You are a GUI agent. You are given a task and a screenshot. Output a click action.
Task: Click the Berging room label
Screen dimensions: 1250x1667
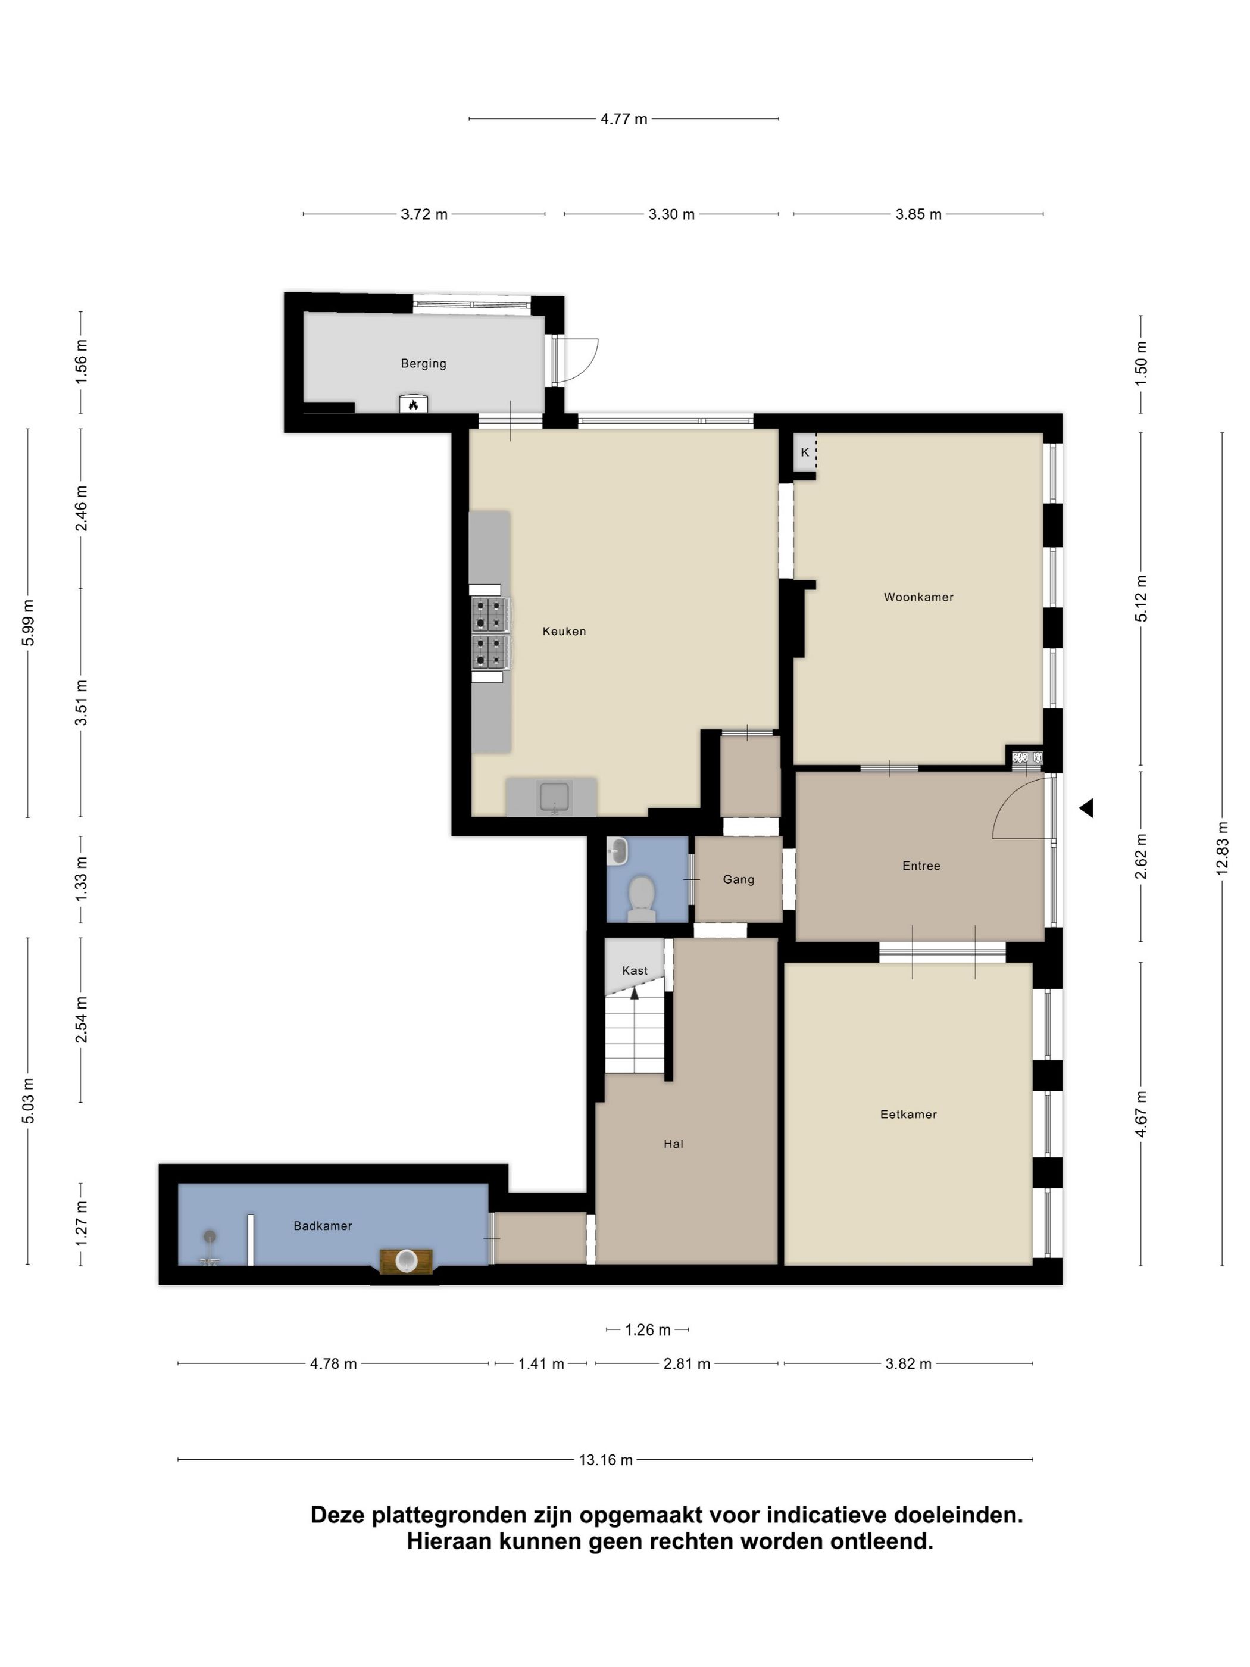tap(423, 363)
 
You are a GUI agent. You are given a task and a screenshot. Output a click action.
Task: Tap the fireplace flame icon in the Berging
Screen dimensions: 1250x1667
tap(413, 405)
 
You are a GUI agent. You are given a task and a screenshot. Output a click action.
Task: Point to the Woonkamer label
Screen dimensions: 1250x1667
tap(918, 597)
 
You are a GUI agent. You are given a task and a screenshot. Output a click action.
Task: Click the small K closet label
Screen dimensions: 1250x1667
tap(805, 452)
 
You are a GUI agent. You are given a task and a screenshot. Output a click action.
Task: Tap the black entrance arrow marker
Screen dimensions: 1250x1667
tap(1086, 808)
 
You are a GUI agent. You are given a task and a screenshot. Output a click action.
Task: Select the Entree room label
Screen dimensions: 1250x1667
tap(921, 866)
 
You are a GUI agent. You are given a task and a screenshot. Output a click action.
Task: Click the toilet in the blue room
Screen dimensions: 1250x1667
tap(641, 898)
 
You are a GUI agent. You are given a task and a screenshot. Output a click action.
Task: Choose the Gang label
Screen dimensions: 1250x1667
tap(739, 879)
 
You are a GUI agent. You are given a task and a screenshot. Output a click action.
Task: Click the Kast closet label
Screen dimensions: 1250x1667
tap(635, 970)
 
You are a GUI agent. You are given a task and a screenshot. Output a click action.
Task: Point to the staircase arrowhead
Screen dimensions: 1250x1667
tap(635, 993)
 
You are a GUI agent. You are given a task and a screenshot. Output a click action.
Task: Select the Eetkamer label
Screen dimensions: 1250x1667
tap(908, 1115)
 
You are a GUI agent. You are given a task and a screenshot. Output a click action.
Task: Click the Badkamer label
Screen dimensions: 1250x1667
tap(323, 1226)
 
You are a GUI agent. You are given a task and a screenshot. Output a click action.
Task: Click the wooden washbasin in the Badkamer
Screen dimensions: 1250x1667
tap(407, 1262)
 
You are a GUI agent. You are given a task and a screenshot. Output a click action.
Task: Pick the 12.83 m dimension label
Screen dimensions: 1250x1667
tap(1221, 848)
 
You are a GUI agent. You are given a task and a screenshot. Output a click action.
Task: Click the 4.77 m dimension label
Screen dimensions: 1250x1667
tap(623, 119)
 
